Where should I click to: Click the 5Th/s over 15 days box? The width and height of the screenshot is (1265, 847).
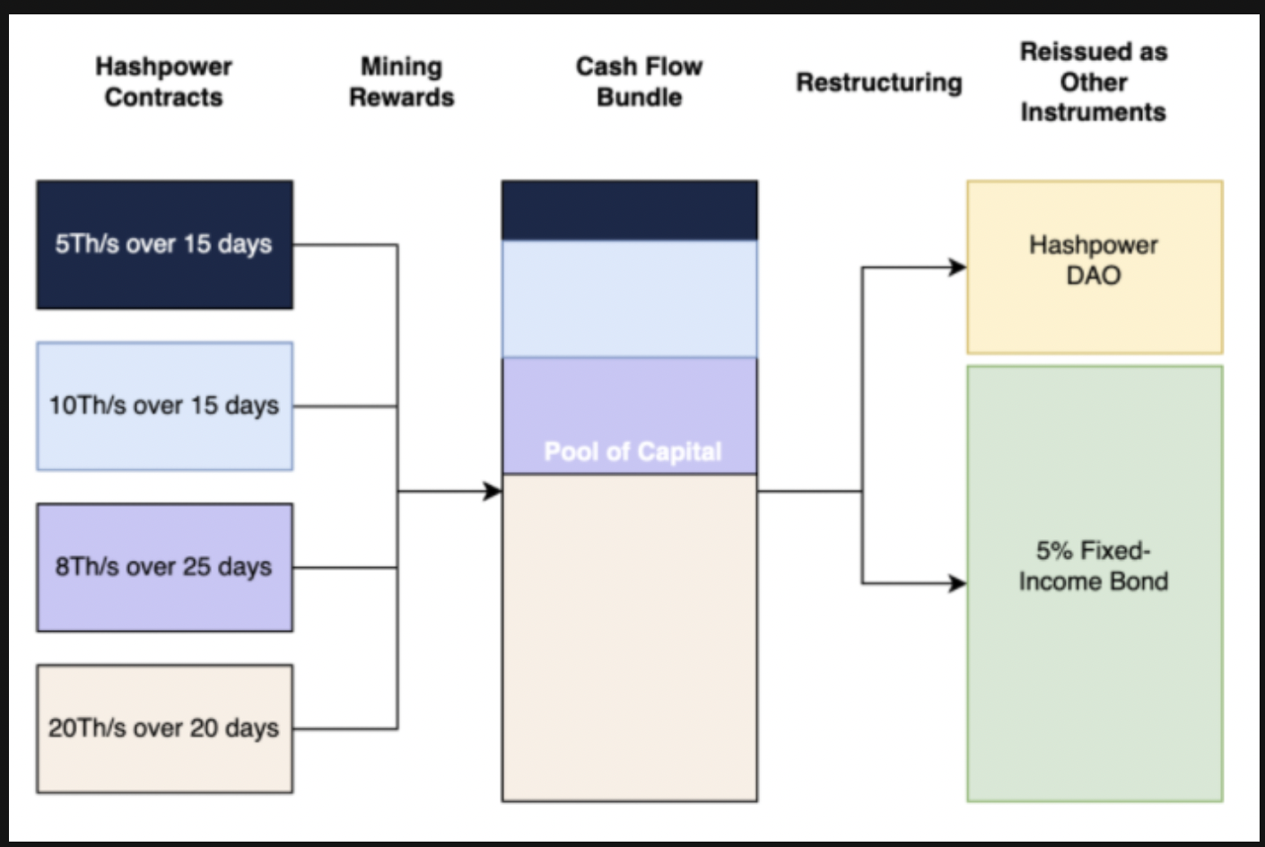(x=165, y=245)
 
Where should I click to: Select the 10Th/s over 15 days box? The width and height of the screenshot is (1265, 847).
(x=165, y=406)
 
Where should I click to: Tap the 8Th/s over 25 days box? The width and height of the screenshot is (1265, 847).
(x=165, y=567)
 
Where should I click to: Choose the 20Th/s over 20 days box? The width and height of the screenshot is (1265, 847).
(x=165, y=729)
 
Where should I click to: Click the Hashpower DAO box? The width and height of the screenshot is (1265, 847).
(x=1095, y=267)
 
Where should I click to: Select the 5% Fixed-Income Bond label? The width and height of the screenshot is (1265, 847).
(x=1094, y=566)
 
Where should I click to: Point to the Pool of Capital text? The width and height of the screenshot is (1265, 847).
(x=632, y=451)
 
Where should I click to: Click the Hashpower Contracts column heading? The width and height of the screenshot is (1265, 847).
(x=164, y=82)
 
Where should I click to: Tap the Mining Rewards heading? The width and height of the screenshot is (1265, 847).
(x=402, y=82)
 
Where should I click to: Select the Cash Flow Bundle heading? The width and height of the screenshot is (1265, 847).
(x=640, y=82)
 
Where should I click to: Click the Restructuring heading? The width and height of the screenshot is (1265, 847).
(x=879, y=83)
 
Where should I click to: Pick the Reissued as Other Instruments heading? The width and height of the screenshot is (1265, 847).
(x=1094, y=82)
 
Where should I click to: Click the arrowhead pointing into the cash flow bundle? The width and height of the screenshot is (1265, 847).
(x=493, y=492)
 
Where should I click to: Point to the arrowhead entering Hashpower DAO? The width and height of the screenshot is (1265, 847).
(x=958, y=267)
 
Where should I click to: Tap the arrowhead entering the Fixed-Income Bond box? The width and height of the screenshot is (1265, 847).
(x=958, y=582)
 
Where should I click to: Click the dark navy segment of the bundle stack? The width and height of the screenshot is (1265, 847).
(x=630, y=211)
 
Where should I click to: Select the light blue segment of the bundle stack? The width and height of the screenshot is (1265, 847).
(x=630, y=300)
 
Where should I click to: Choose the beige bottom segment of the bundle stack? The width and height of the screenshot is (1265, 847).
(x=630, y=638)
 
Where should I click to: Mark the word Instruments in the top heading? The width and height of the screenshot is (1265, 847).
(x=1094, y=112)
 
